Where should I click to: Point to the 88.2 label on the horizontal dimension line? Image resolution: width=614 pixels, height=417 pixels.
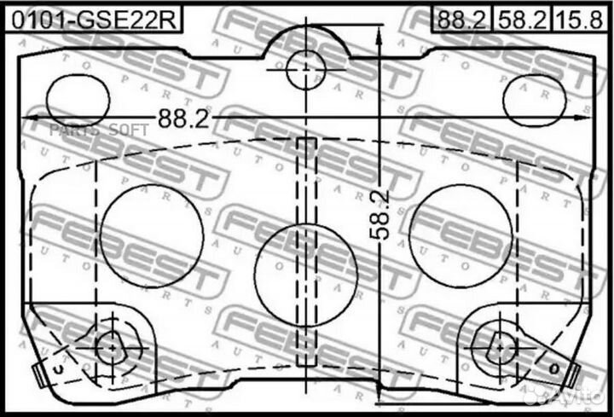pyautogui.click(x=182, y=119)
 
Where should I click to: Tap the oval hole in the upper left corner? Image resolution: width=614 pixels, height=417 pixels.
pyautogui.click(x=78, y=98)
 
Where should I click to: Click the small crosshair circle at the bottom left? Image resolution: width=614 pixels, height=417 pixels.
pyautogui.click(x=110, y=346)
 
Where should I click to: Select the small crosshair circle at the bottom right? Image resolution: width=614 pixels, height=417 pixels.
pyautogui.click(x=499, y=346)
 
